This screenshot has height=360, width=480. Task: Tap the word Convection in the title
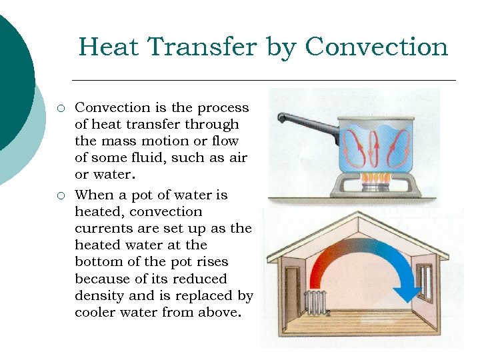point(376,47)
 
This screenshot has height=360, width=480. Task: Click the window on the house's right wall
point(425,280)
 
